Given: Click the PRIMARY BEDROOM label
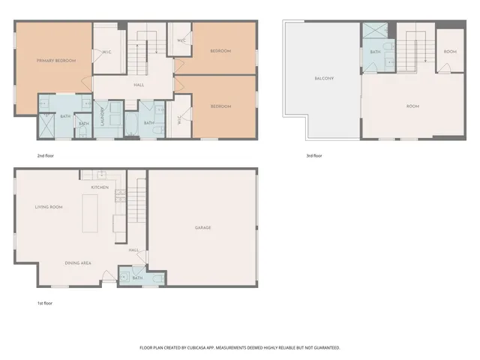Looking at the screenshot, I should [56, 60].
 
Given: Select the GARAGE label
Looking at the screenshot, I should [202, 227].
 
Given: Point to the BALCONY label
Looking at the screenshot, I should [324, 79].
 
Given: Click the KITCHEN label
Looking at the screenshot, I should [100, 187].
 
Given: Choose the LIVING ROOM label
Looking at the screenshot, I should [49, 207].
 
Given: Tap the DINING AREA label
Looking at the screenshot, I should [78, 263].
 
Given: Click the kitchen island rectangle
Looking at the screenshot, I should [91, 213].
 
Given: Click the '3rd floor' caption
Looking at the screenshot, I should [313, 155].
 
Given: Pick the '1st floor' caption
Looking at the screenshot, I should [46, 303].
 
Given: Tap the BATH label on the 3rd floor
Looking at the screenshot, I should [374, 52].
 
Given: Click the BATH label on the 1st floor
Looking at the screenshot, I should [137, 278].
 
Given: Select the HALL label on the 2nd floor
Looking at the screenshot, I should [139, 85].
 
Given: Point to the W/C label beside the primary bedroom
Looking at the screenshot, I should [106, 52].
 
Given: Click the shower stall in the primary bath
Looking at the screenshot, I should [46, 125].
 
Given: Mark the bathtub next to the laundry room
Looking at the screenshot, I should [130, 124].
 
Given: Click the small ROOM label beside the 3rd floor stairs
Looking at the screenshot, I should [450, 52].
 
